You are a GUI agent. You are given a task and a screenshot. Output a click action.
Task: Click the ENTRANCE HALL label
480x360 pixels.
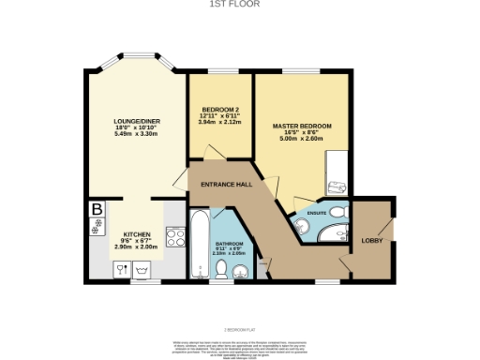coord(227,185)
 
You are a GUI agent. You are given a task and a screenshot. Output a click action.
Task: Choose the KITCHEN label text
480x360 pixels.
coord(138,234)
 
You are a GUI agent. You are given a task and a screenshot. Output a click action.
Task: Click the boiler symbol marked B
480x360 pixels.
coord(97,210)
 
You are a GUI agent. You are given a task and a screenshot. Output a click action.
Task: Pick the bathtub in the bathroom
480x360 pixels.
coord(200,247)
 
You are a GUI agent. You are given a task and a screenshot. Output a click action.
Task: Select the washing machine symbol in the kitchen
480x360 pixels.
coord(142,268)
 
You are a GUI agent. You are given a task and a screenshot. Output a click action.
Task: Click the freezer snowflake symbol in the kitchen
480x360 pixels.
coord(97,228)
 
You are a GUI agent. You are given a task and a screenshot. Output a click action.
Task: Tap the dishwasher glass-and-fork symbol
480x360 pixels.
coord(123,268)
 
